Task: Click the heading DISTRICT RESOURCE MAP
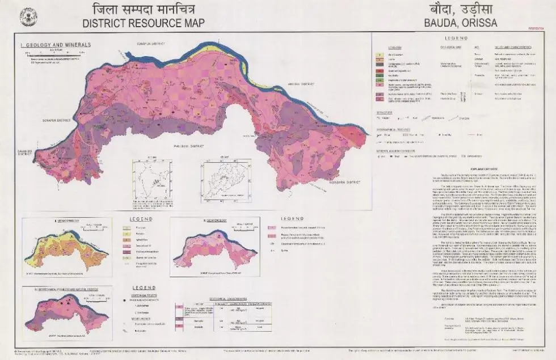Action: [x=143, y=23]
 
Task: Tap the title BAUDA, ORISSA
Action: [x=461, y=23]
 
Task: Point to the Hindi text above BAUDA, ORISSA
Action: [x=461, y=10]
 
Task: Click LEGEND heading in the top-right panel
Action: [x=460, y=37]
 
